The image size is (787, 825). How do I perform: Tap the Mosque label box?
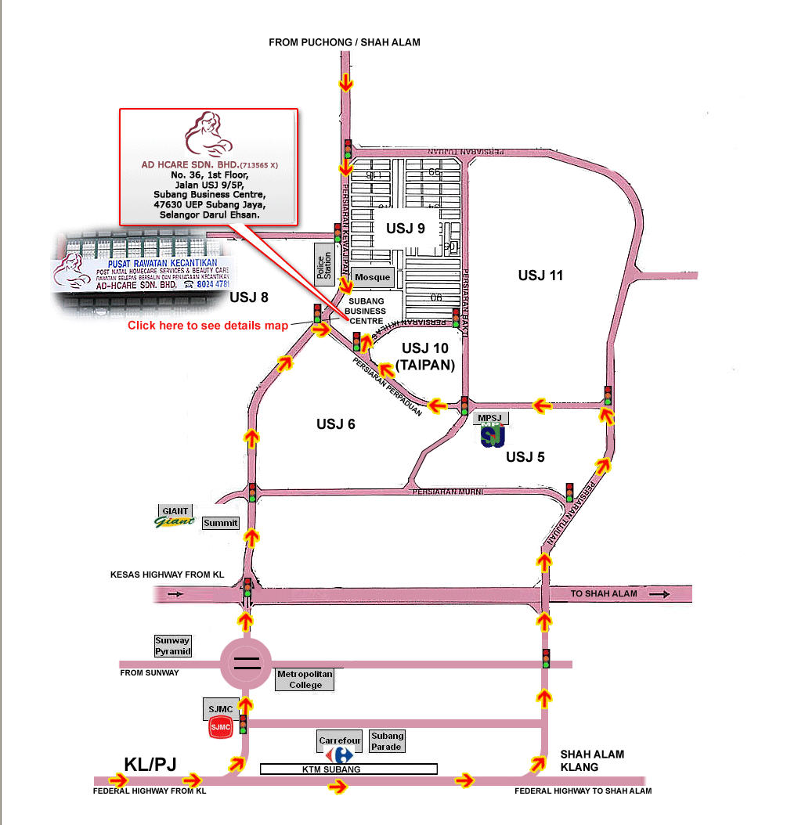click(x=372, y=277)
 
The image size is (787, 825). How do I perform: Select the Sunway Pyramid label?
click(x=172, y=646)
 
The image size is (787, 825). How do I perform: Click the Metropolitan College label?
click(x=305, y=679)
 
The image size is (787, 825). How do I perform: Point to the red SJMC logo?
click(x=221, y=727)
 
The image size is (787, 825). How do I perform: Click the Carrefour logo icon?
click(x=341, y=755)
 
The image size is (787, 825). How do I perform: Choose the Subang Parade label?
click(x=387, y=740)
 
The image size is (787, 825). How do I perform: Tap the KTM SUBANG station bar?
click(x=348, y=769)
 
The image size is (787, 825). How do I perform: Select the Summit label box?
click(x=220, y=523)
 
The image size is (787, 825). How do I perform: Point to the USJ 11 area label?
click(x=540, y=275)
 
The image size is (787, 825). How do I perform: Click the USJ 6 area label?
click(x=336, y=423)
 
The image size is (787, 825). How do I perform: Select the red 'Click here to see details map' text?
click(x=208, y=325)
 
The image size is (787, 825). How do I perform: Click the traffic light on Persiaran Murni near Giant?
click(x=252, y=492)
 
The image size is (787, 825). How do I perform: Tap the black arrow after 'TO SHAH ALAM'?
click(x=659, y=594)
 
